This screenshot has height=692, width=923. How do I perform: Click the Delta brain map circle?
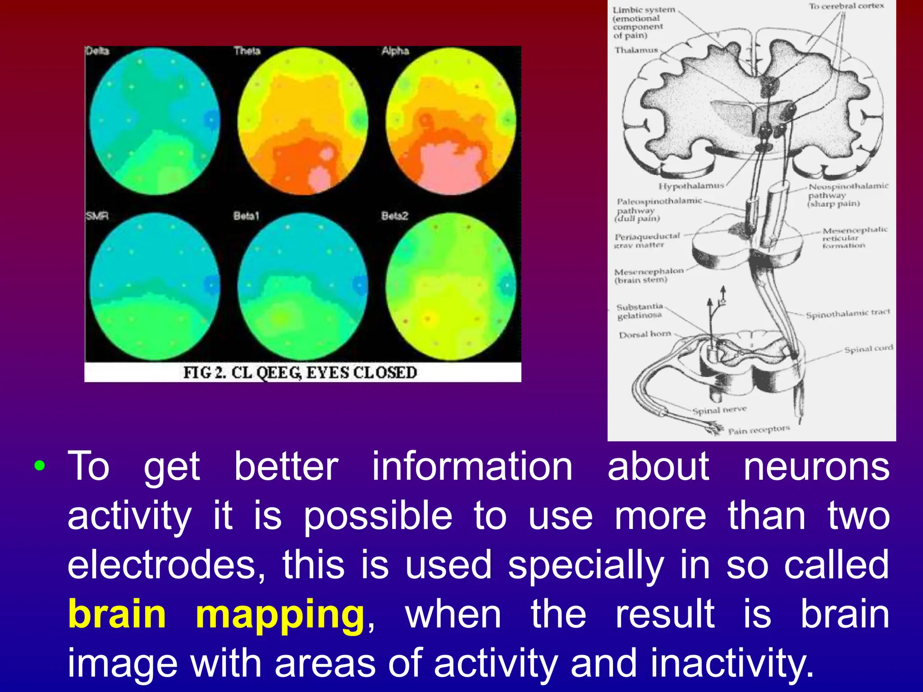(155, 122)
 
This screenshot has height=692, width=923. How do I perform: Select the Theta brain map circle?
(303, 122)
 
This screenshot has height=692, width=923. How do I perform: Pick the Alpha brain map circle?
(451, 122)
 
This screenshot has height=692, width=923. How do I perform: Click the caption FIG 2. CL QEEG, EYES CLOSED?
(300, 373)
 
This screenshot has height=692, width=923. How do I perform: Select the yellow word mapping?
(279, 615)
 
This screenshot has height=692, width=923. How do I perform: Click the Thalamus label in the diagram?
(636, 50)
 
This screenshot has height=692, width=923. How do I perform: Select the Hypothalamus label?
(691, 186)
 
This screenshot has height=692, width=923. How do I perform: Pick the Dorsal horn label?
(645, 335)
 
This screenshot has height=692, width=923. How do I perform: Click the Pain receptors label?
(759, 430)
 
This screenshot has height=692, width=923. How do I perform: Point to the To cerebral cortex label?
(846, 6)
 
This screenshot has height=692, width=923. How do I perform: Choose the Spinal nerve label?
(719, 410)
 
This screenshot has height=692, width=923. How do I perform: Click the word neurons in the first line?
(816, 467)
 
